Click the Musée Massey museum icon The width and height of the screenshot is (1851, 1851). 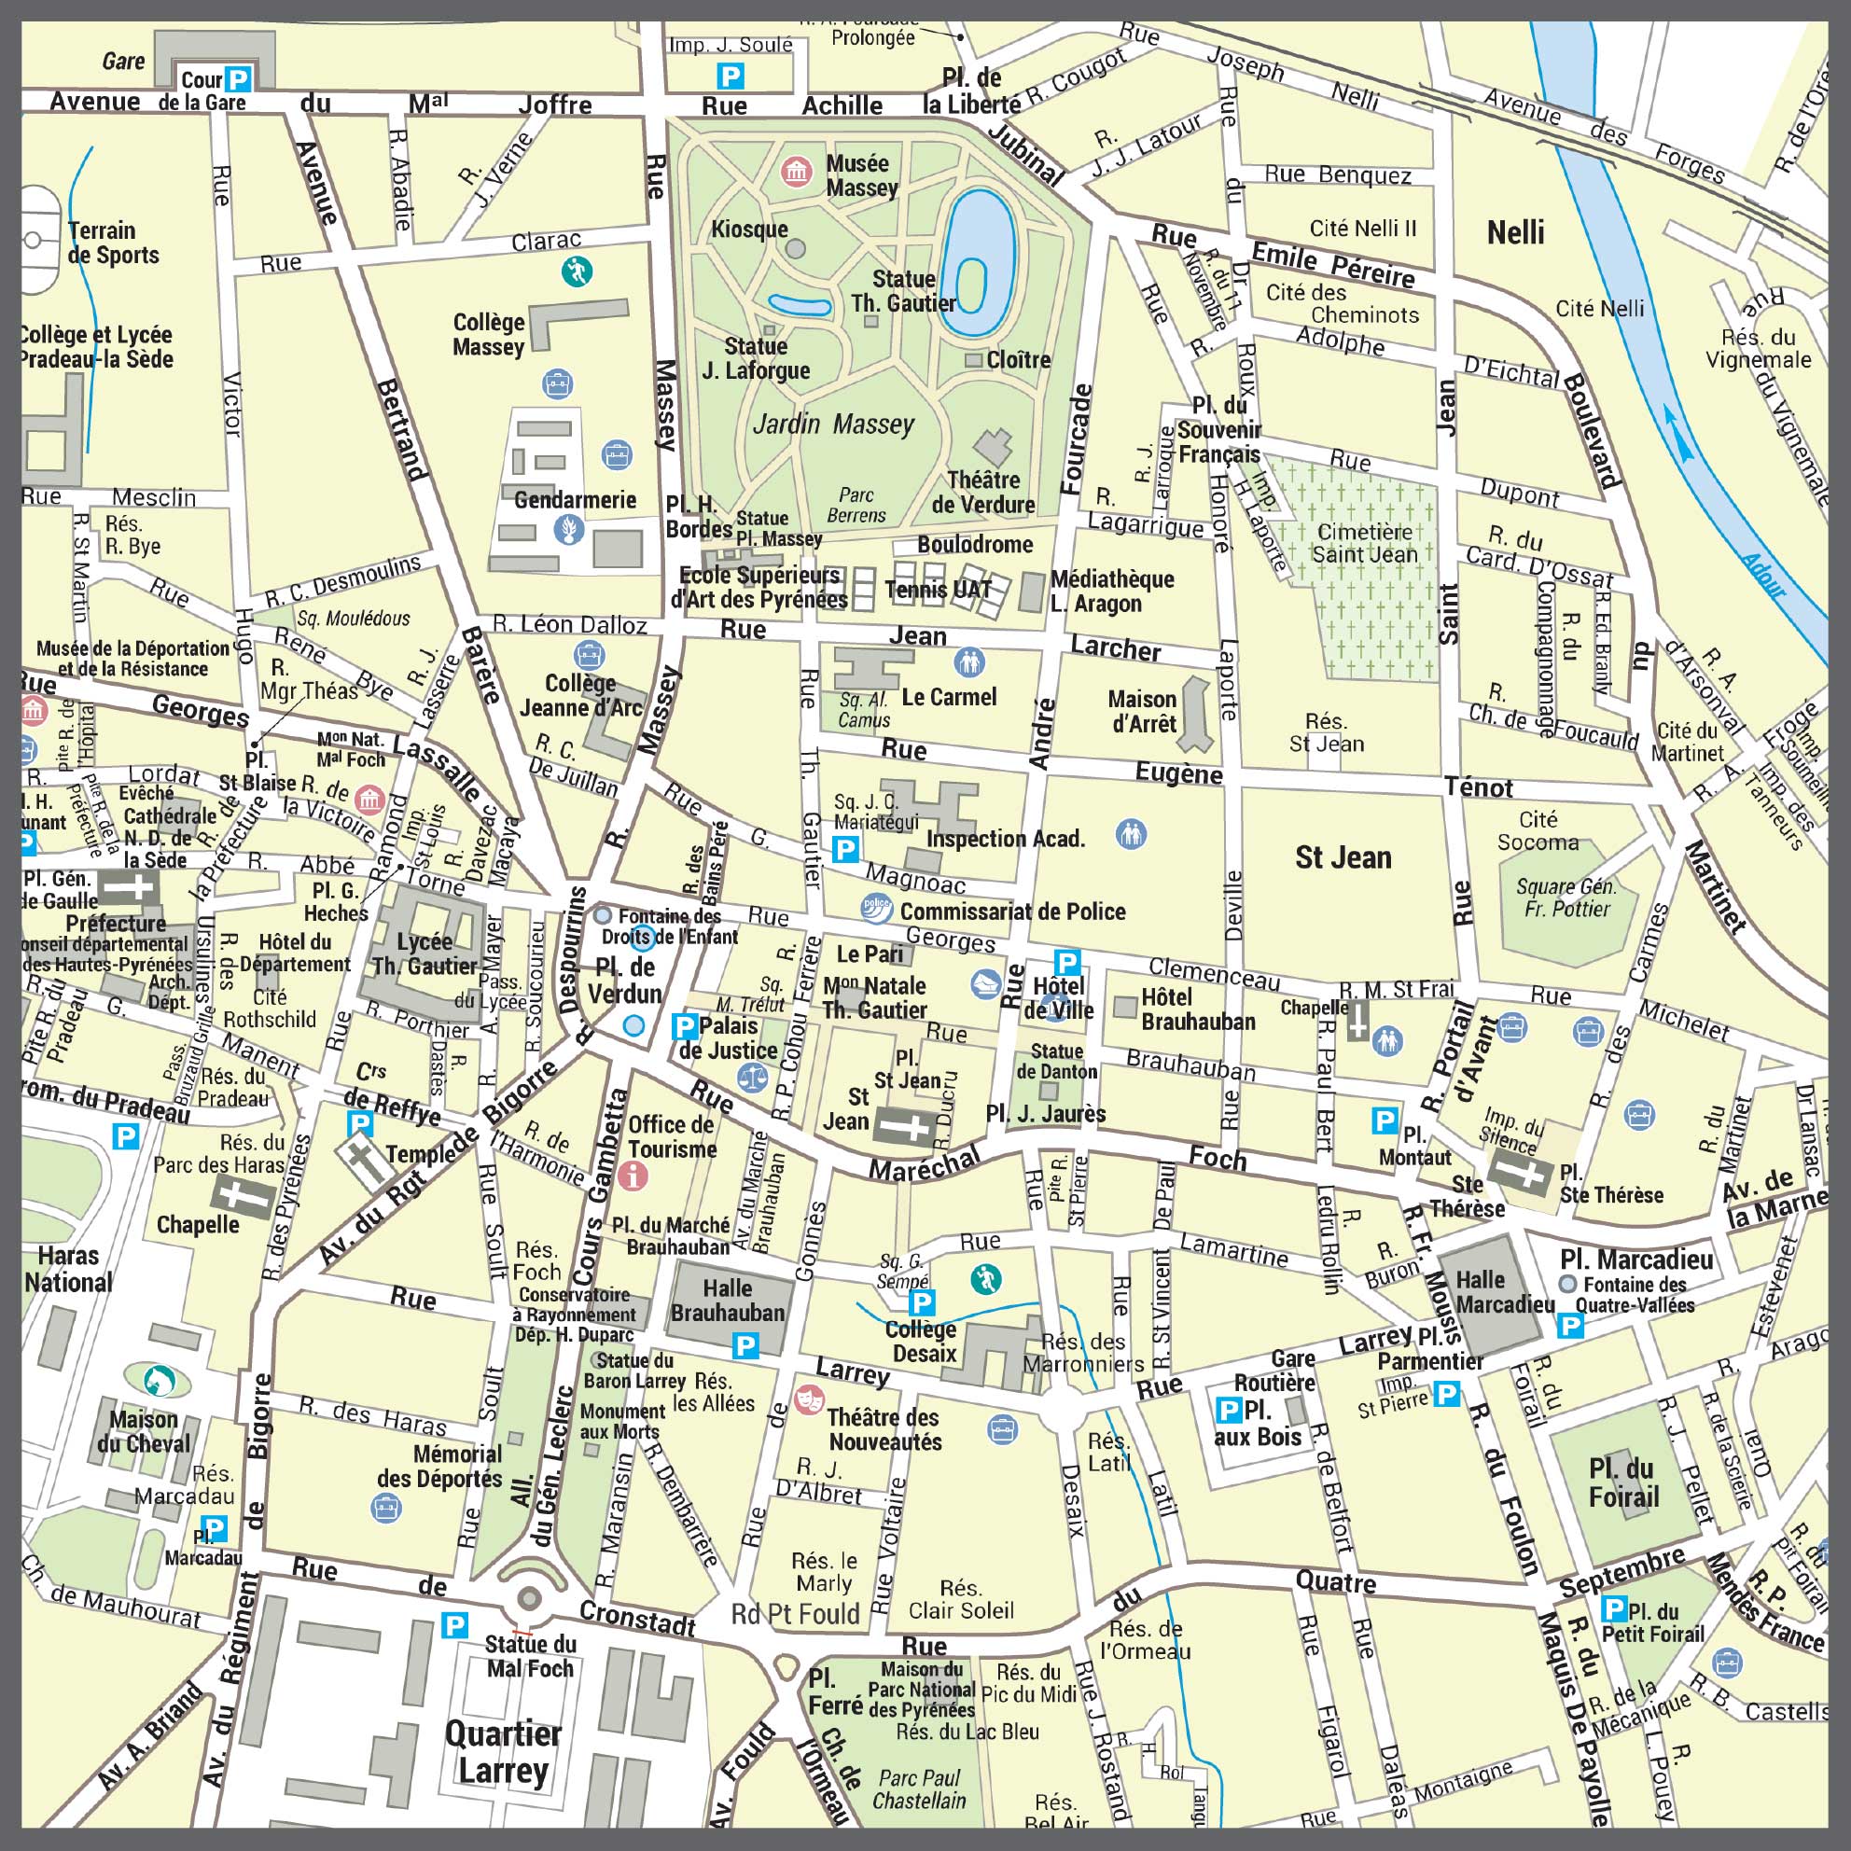(795, 172)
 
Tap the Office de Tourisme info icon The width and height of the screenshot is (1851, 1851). (633, 1174)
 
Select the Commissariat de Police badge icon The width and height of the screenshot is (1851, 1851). (876, 907)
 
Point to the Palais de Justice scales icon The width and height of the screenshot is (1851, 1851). (752, 1078)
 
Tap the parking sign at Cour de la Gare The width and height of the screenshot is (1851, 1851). (238, 79)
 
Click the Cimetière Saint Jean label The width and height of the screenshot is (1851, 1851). (1364, 543)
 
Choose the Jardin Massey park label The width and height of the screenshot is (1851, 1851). (832, 424)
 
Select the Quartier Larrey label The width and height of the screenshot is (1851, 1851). (503, 1752)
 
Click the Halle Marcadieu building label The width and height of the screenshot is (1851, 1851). (1505, 1292)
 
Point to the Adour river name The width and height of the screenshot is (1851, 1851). (1764, 575)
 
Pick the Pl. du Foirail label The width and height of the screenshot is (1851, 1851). (1622, 1483)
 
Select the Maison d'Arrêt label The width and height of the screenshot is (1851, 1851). (1142, 711)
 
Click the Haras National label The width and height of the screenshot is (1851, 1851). (68, 1269)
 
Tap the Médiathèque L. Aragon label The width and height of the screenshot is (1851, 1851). (1111, 591)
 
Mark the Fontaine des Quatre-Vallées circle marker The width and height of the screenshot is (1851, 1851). (1567, 1284)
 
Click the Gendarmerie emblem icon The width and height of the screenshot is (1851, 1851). (570, 529)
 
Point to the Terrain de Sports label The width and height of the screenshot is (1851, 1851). (113, 243)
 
